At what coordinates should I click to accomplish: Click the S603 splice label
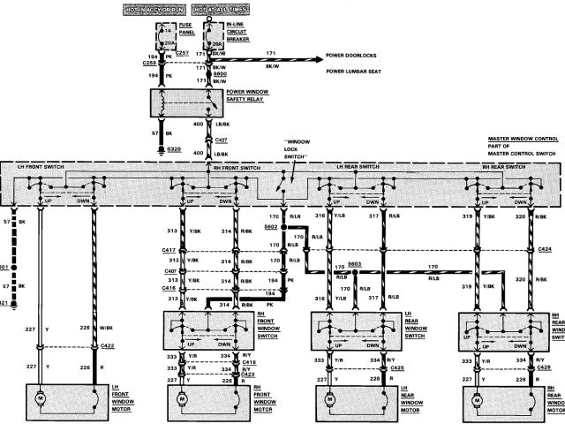355,263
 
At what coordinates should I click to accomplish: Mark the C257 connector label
184,54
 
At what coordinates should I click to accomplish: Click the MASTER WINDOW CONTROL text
522,140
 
